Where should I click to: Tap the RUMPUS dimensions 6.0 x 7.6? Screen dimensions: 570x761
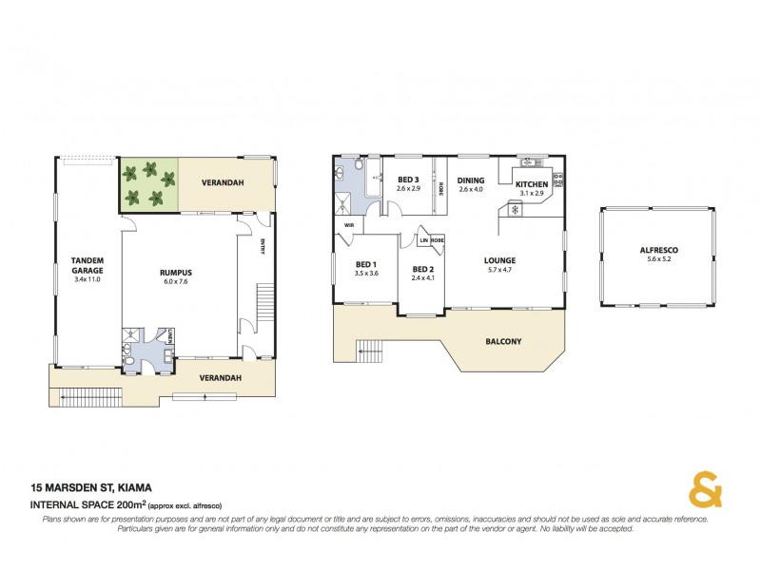177,281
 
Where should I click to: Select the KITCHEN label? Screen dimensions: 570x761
531,184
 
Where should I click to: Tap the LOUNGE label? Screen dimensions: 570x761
499,260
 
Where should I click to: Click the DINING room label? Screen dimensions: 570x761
471,180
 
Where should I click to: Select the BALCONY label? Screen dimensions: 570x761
503,342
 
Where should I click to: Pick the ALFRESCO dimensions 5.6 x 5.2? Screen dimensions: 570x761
658,260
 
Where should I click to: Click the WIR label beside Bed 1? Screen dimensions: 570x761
348,225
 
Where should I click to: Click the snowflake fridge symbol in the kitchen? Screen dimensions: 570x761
515,209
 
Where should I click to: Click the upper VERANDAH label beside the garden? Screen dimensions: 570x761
226,180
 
